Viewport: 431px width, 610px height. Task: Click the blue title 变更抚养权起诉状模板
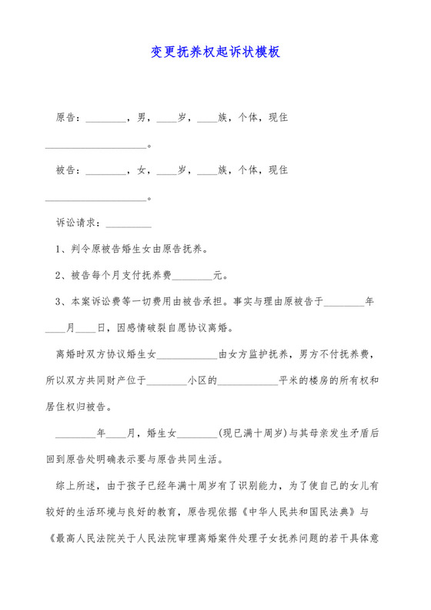[x=215, y=52]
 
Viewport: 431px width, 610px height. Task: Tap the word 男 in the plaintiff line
[x=142, y=119]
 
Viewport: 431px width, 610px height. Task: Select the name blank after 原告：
[x=104, y=120]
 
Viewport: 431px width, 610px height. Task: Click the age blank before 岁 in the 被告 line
[x=166, y=171]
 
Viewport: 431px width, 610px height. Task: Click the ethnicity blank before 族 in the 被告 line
[x=207, y=171]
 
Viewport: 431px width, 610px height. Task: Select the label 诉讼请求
[x=75, y=223]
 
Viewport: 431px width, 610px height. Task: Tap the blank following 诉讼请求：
[x=128, y=224]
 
